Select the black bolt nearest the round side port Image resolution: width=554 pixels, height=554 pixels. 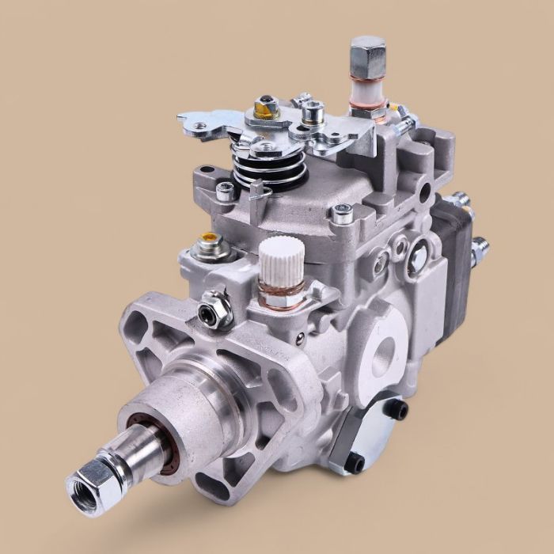click(400, 409)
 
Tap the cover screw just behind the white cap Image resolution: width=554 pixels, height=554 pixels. click(343, 211)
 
